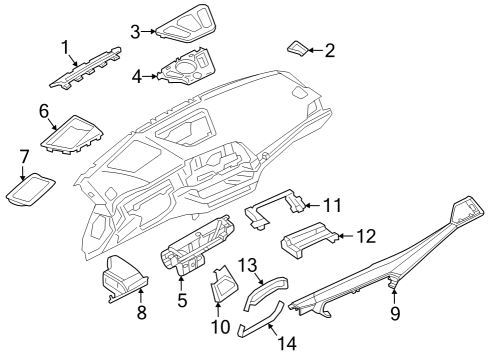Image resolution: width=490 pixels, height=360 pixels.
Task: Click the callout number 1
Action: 66,47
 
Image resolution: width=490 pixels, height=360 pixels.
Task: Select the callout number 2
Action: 329,50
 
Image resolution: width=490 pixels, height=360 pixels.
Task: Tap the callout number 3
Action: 135,31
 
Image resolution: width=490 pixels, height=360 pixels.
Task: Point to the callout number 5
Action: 181,299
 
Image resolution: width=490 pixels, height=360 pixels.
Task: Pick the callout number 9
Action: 395,314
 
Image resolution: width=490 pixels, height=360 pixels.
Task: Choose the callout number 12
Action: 366,236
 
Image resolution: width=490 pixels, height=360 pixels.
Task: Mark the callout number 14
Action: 287,341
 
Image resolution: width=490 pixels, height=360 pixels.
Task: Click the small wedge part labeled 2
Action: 299,46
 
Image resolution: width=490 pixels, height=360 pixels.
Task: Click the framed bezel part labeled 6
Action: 74,134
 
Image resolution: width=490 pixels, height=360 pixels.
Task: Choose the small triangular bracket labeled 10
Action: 222,289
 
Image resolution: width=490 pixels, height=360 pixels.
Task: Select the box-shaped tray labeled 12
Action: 305,241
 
